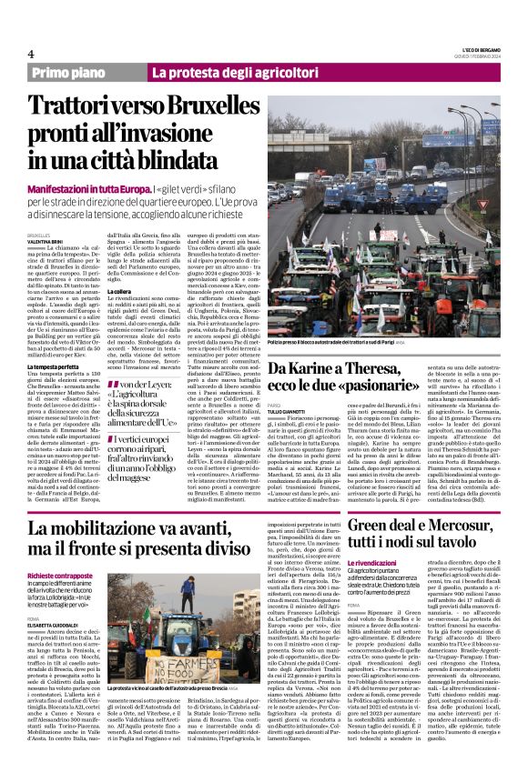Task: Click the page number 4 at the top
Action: tap(31, 53)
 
